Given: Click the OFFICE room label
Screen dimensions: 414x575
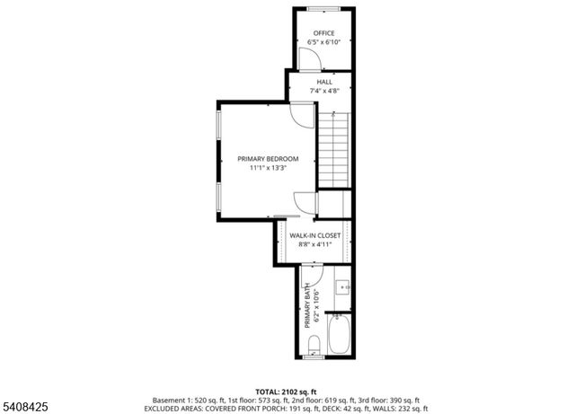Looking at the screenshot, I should [323, 33].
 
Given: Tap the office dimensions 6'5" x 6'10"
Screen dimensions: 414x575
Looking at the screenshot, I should [323, 42].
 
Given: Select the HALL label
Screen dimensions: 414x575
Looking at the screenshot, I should [323, 82].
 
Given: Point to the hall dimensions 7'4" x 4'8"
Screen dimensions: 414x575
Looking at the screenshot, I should [323, 91].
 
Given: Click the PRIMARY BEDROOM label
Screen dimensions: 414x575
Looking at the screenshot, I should [268, 159].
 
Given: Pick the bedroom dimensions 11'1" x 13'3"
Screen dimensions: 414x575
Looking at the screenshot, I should [268, 168].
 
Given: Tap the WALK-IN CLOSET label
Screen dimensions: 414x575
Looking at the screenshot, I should [314, 235].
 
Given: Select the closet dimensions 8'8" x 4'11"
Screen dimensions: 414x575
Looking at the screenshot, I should [314, 244].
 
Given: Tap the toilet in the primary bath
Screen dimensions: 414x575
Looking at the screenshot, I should [314, 344].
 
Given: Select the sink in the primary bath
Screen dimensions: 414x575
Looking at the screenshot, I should [344, 287].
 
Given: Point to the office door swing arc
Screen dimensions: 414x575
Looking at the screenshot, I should [308, 59].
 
